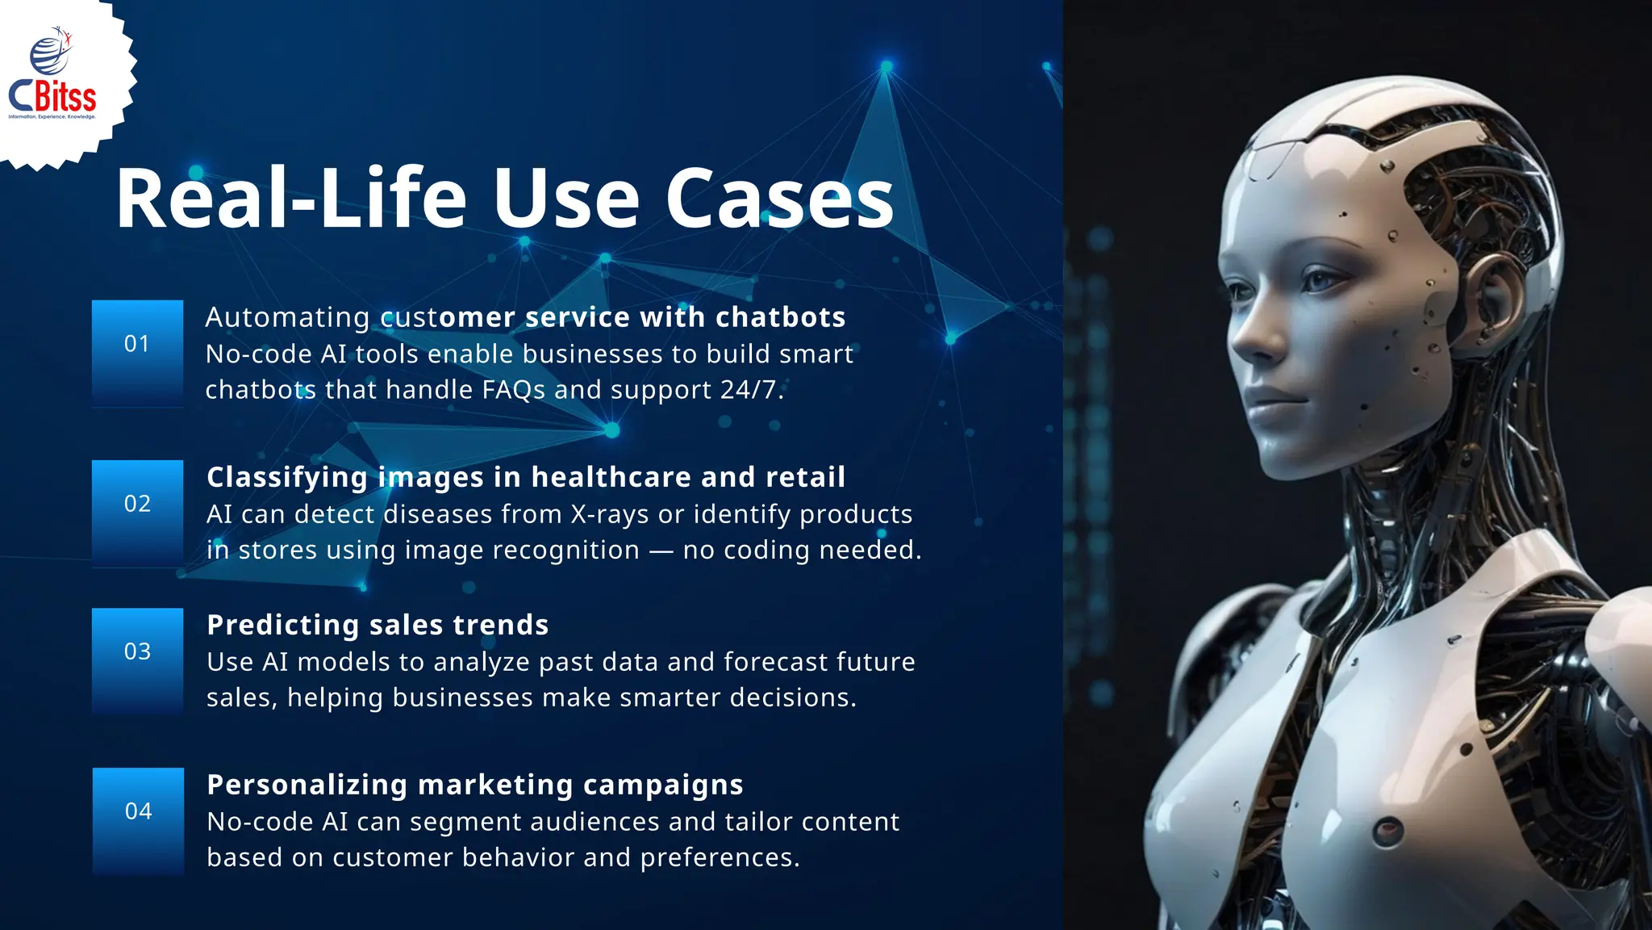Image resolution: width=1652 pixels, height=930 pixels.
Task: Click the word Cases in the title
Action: (779, 199)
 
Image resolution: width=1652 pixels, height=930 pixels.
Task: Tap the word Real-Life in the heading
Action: (291, 199)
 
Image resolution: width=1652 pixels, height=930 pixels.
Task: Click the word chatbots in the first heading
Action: (780, 317)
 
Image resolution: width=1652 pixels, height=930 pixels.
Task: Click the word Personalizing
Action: (307, 785)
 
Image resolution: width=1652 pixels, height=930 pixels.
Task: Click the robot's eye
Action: (1321, 282)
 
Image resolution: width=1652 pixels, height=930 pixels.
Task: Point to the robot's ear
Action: (1493, 295)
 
